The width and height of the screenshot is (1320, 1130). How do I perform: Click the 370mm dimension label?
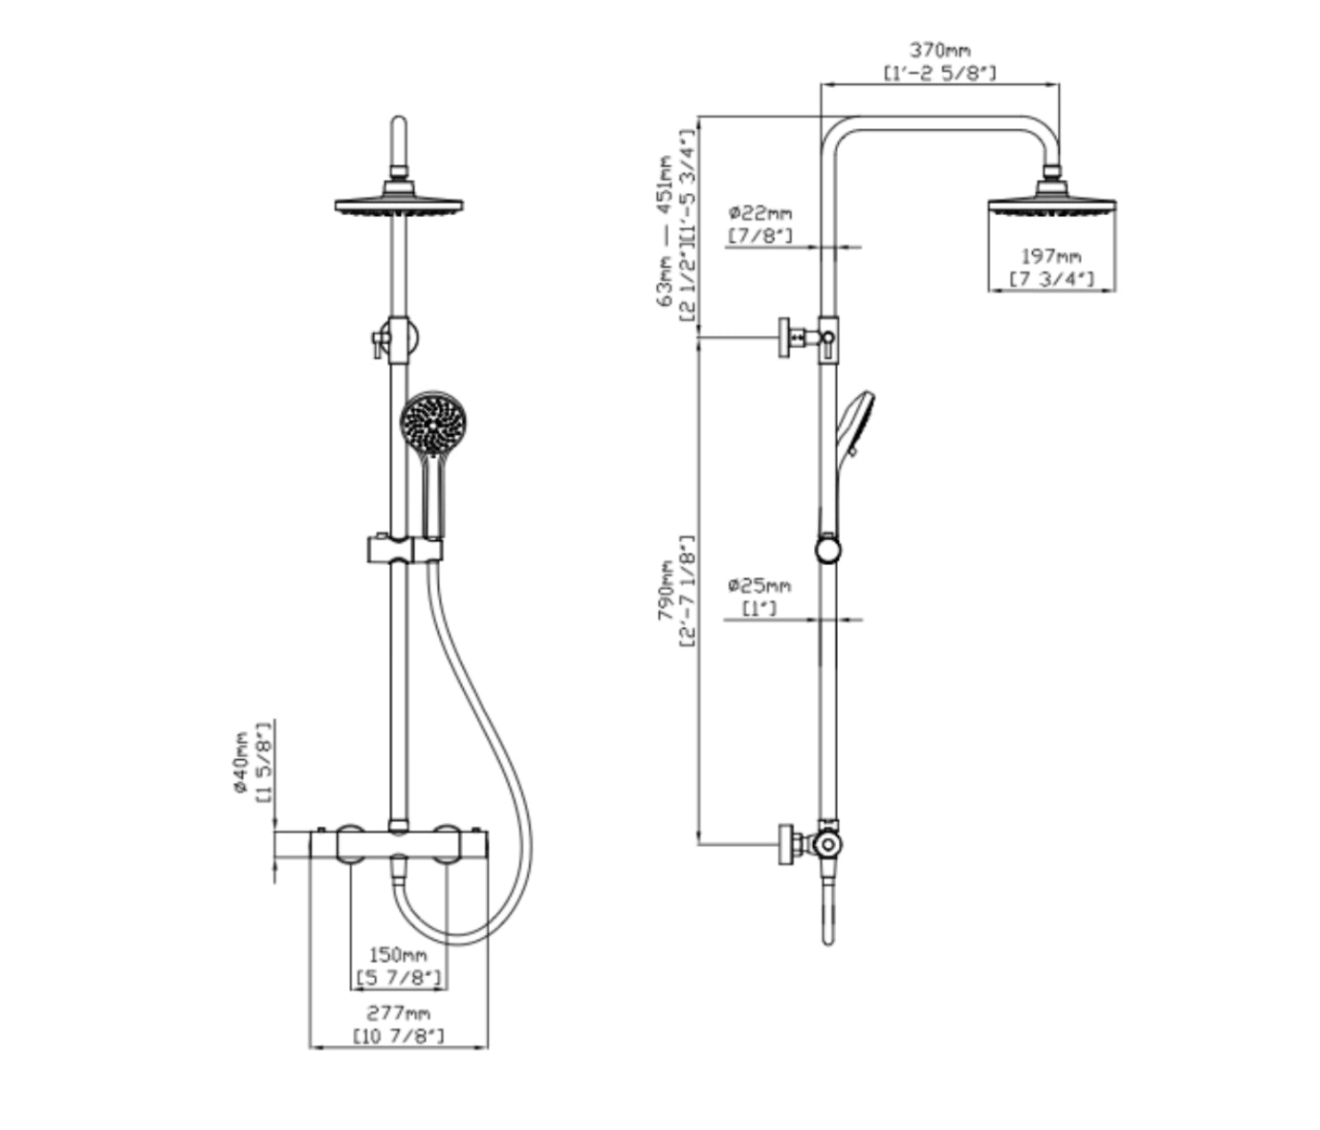pyautogui.click(x=939, y=50)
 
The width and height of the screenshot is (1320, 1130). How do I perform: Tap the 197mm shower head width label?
pyautogui.click(x=1050, y=256)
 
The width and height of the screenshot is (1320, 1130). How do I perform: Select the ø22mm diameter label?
pyautogui.click(x=759, y=212)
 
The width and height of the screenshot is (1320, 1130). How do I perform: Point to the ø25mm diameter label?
pyautogui.click(x=759, y=584)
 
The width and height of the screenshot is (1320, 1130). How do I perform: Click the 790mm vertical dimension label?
pyautogui.click(x=666, y=591)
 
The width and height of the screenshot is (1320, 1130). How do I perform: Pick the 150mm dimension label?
pyautogui.click(x=398, y=954)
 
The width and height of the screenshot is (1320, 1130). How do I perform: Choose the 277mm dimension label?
pyautogui.click(x=398, y=1012)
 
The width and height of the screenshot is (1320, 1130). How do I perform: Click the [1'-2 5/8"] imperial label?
pyautogui.click(x=939, y=73)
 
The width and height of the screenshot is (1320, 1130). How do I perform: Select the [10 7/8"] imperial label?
pyautogui.click(x=398, y=1035)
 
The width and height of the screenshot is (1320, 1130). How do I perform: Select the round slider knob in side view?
pyautogui.click(x=828, y=549)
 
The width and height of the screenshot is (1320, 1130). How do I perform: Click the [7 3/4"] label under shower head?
pyautogui.click(x=1050, y=279)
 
